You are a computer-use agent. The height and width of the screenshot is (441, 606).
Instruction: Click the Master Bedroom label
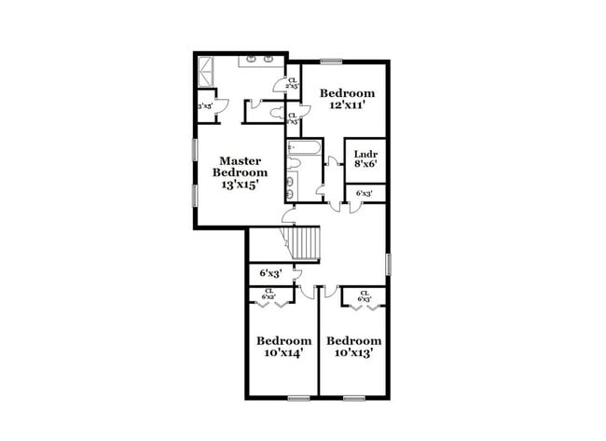[x=240, y=166]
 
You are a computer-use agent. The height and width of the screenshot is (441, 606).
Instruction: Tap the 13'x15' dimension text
[x=240, y=185]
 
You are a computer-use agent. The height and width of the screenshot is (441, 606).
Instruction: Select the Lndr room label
[x=365, y=152]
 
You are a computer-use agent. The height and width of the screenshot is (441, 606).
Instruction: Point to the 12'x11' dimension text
[x=348, y=105]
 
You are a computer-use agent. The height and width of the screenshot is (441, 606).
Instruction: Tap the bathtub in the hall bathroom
[x=304, y=147]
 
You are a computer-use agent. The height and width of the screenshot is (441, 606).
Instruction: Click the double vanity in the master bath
[x=259, y=61]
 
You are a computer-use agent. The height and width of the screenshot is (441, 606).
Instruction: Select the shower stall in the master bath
[x=206, y=71]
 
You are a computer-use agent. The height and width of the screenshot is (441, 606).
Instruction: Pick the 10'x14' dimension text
[x=283, y=353]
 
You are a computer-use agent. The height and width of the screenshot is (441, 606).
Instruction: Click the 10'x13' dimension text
[x=353, y=353]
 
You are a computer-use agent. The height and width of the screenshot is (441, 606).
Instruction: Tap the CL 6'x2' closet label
[x=269, y=294]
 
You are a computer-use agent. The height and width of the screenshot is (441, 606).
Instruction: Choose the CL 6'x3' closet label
[x=365, y=296]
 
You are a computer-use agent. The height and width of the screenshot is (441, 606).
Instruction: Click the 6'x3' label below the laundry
[x=365, y=193]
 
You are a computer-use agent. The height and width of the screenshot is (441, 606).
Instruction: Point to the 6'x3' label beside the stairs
[x=270, y=273]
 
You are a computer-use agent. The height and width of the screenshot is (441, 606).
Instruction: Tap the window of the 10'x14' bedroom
[x=298, y=399]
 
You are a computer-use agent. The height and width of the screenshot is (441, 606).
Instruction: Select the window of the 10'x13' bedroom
[x=354, y=399]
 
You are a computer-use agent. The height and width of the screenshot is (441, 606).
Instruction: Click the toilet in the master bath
[x=278, y=112]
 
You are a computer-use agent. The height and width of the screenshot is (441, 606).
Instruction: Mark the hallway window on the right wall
[x=387, y=263]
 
